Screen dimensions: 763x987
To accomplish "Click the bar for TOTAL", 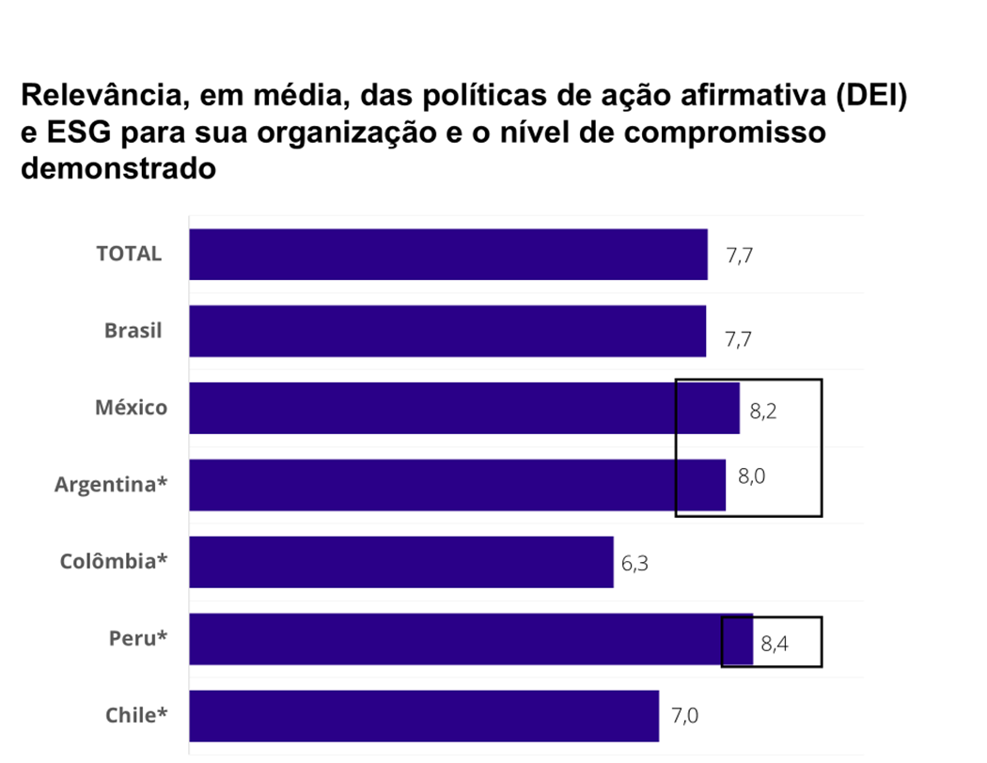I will tap(448, 255).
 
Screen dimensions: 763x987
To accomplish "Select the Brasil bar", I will tap(447, 331).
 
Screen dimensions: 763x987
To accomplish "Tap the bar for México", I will tap(464, 408).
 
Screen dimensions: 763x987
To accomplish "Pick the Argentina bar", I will tap(457, 485).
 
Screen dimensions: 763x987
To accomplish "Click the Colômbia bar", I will tap(401, 562).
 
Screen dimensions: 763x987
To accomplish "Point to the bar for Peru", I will tap(471, 639).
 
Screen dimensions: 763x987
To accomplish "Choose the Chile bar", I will tap(424, 716).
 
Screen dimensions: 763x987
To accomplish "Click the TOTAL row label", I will tap(129, 254).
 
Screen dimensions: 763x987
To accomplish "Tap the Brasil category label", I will tap(133, 331).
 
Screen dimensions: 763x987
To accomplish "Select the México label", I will tap(131, 408).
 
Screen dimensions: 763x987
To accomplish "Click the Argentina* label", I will tap(111, 485).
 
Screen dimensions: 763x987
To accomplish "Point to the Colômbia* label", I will tap(114, 562).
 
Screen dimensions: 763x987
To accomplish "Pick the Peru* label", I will tap(138, 639).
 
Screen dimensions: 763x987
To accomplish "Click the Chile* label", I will tap(136, 716).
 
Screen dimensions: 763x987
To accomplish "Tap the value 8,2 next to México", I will tap(762, 411).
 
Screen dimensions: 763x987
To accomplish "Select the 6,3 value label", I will tap(635, 566).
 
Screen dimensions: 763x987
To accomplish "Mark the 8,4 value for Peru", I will tap(775, 645).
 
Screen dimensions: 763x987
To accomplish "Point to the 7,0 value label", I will tap(684, 718).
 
